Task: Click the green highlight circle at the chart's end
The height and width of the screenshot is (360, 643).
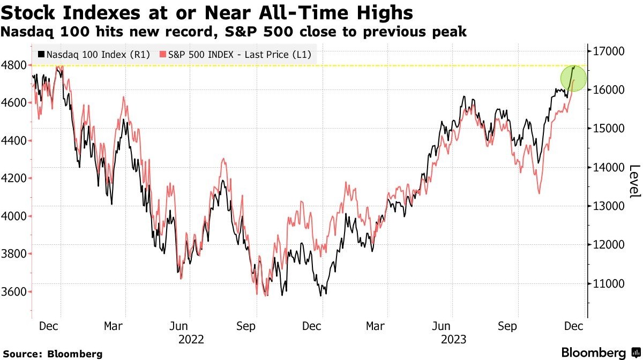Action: [x=574, y=78]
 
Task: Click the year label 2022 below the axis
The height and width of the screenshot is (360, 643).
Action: [x=192, y=339]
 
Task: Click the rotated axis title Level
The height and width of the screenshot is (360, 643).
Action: [x=634, y=181]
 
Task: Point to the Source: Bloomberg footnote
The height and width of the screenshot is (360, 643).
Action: [x=52, y=354]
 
